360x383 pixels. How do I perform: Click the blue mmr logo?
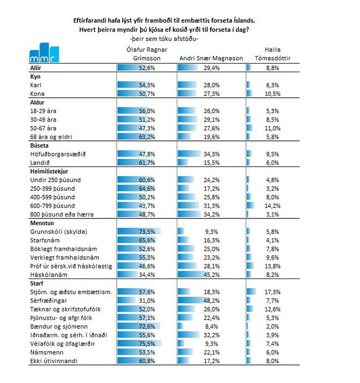pyautogui.click(x=44, y=52)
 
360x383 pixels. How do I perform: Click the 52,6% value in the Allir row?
pyautogui.click(x=147, y=68)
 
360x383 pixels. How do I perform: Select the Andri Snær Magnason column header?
pyautogui.click(x=211, y=59)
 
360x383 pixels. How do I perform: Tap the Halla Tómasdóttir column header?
pyautogui.click(x=273, y=54)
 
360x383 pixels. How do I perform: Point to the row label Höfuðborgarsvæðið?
pyautogui.click(x=58, y=154)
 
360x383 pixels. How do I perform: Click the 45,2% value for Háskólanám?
pyautogui.click(x=212, y=275)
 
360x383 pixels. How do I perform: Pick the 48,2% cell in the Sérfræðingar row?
pyautogui.click(x=212, y=301)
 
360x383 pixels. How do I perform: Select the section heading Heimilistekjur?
pyautogui.click(x=49, y=172)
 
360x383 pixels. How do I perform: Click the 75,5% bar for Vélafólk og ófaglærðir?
pyautogui.click(x=139, y=344)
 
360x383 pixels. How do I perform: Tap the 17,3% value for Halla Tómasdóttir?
pyautogui.click(x=273, y=292)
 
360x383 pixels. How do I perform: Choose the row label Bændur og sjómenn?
pyautogui.click(x=59, y=326)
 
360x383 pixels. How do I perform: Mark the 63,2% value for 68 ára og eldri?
pyautogui.click(x=147, y=137)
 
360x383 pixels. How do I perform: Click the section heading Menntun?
pyautogui.click(x=42, y=223)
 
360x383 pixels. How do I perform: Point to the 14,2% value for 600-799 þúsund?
pyautogui.click(x=273, y=206)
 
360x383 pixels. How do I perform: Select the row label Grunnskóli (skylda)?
pyautogui.click(x=59, y=232)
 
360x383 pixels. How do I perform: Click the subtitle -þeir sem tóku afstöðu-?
pyautogui.click(x=164, y=39)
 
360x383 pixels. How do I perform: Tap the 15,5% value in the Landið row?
pyautogui.click(x=212, y=162)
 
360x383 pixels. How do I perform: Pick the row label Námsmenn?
pyautogui.click(x=43, y=352)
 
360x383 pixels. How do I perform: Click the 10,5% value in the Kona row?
pyautogui.click(x=273, y=94)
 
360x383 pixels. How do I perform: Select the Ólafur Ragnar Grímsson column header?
pyautogui.click(x=147, y=54)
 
